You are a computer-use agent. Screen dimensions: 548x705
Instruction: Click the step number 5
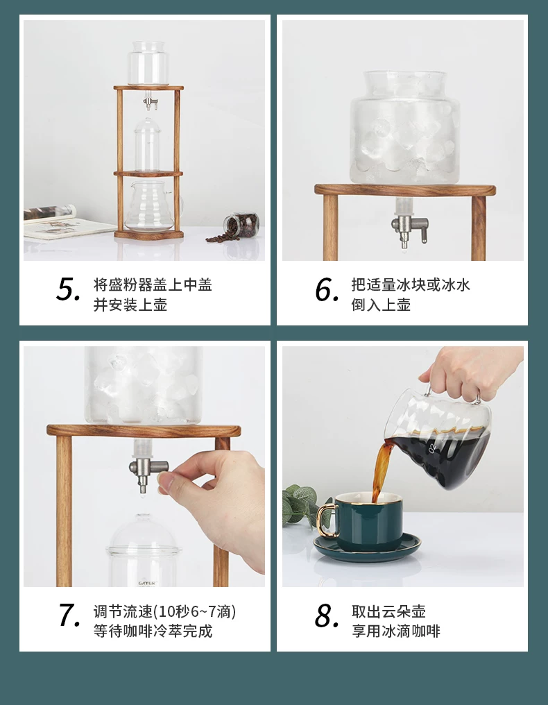(68, 289)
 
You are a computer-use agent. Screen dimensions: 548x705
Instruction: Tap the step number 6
(327, 289)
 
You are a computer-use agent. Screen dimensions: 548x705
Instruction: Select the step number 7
(69, 615)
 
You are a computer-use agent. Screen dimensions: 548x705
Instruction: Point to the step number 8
(327, 615)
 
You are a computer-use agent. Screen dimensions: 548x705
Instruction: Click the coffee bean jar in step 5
(242, 226)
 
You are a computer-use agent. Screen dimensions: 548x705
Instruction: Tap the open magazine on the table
(67, 223)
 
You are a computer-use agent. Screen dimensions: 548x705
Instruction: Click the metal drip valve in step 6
(409, 229)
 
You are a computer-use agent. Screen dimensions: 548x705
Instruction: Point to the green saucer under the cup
(367, 547)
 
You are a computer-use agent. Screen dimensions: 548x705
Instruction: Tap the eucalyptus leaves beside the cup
(301, 506)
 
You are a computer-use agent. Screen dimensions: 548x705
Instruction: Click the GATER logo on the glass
(146, 583)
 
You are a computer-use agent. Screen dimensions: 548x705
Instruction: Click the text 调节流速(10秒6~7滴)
(164, 611)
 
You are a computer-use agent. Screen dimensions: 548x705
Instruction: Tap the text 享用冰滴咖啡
(395, 631)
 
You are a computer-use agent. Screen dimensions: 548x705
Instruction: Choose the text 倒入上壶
(381, 305)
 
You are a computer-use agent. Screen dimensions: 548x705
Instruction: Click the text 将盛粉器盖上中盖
(153, 284)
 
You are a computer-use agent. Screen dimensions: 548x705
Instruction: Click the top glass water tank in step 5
(148, 63)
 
